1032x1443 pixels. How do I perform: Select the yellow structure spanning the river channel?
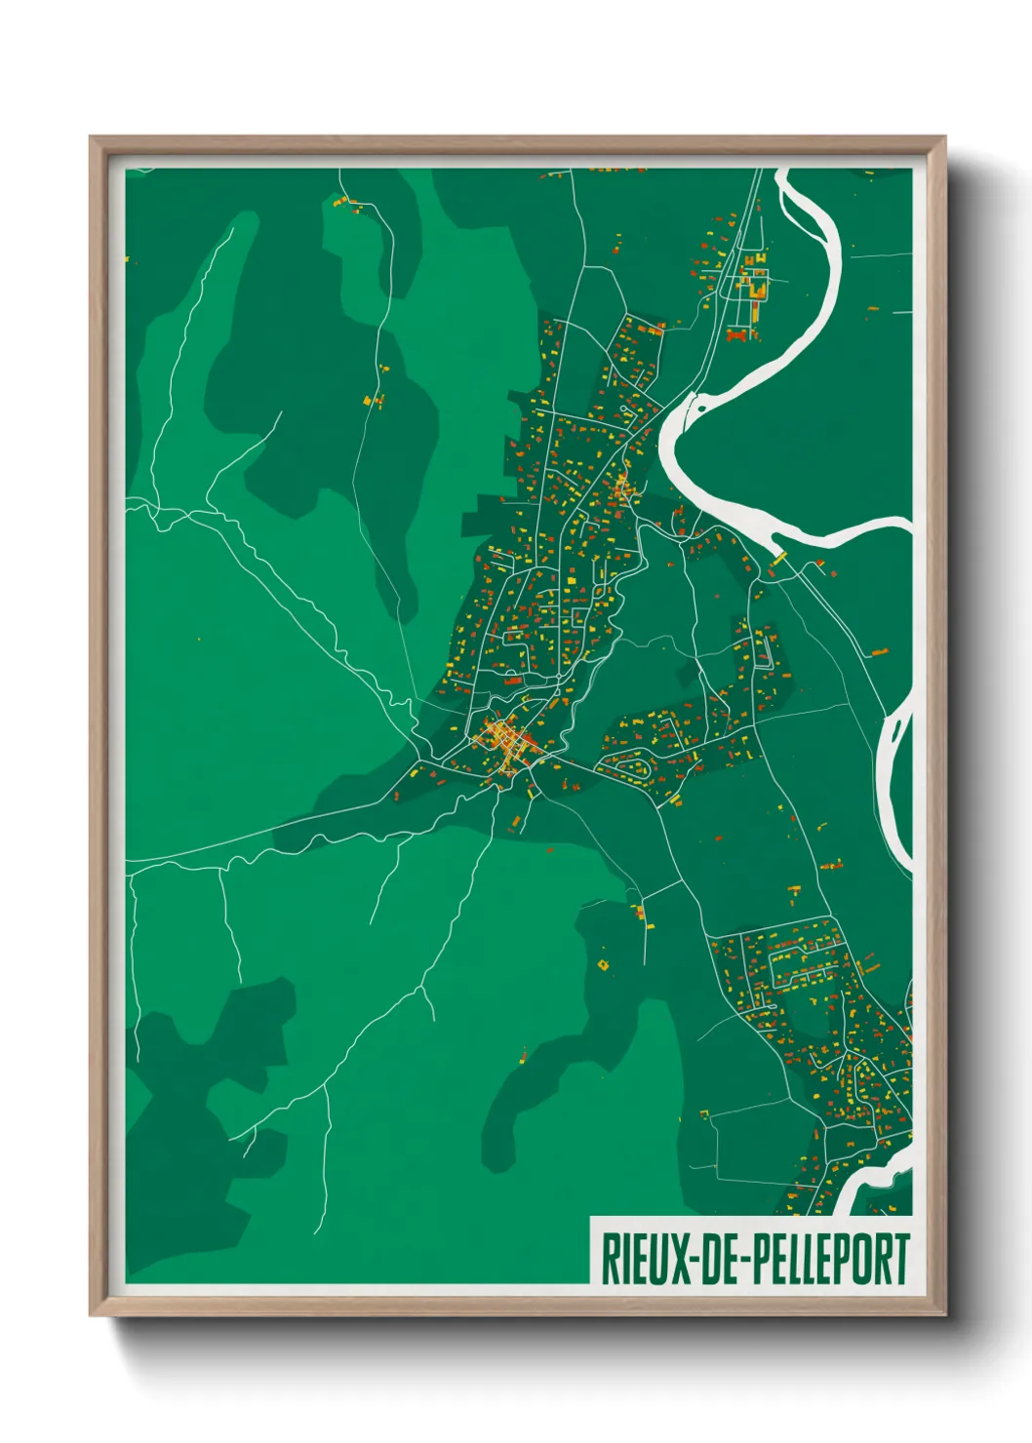[779, 556]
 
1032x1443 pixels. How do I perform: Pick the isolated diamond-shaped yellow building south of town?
[602, 964]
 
